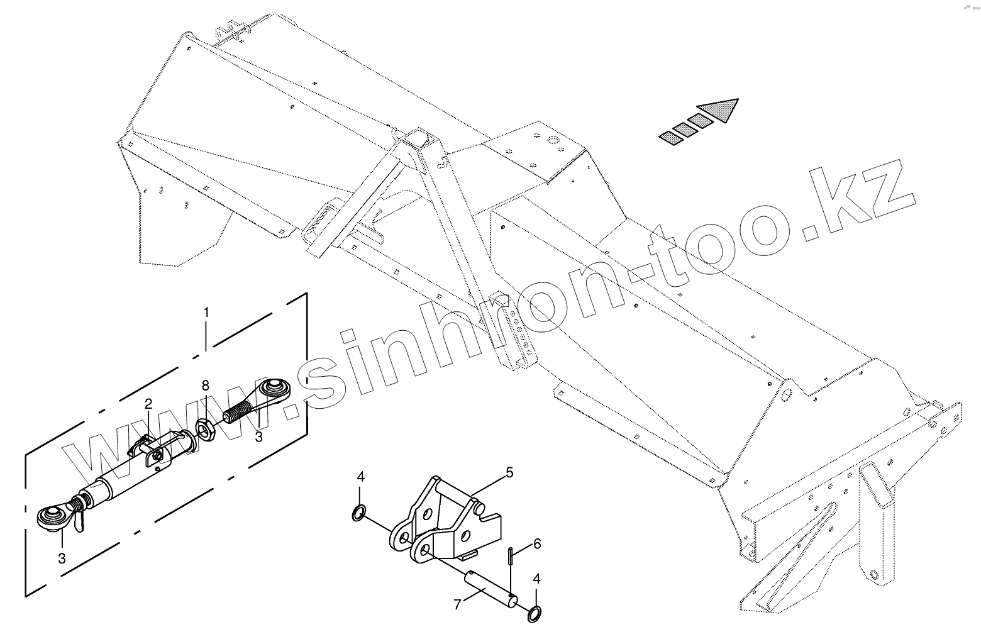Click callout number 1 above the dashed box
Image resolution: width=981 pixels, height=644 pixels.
206,312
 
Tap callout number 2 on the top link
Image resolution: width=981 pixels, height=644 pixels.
148,404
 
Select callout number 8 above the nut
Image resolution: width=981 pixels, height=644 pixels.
205,386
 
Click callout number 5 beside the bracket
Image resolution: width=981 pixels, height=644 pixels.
509,472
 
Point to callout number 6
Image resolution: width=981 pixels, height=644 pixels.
536,544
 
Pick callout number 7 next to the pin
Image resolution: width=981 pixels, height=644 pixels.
457,605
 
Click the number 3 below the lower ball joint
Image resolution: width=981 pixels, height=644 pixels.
62,558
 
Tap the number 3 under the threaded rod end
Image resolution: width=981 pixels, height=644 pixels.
258,436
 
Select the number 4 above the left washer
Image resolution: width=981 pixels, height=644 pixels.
360,477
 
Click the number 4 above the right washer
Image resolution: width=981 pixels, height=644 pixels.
536,579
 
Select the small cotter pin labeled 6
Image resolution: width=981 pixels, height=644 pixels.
509,557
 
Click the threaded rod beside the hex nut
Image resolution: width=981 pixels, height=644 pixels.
240,414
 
